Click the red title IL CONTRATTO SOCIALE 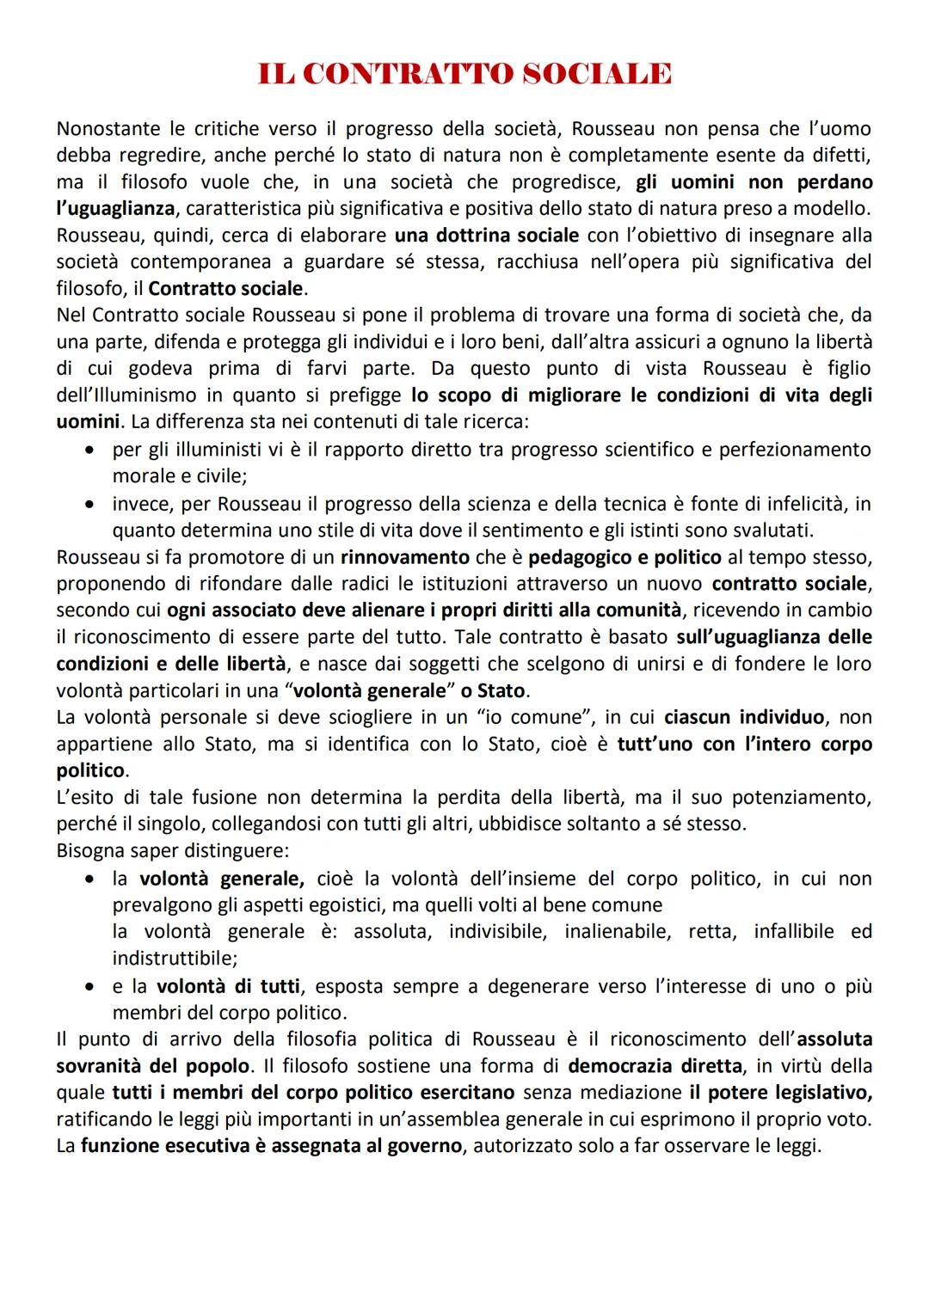tap(464, 74)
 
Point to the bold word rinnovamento tap(405, 557)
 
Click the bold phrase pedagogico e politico tap(624, 557)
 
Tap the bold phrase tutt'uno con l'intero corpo tap(744, 744)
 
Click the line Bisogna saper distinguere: tap(173, 851)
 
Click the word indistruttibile tap(175, 958)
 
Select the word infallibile tap(794, 931)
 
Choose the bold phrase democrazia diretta tap(655, 1066)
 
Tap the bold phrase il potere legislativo tap(780, 1093)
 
